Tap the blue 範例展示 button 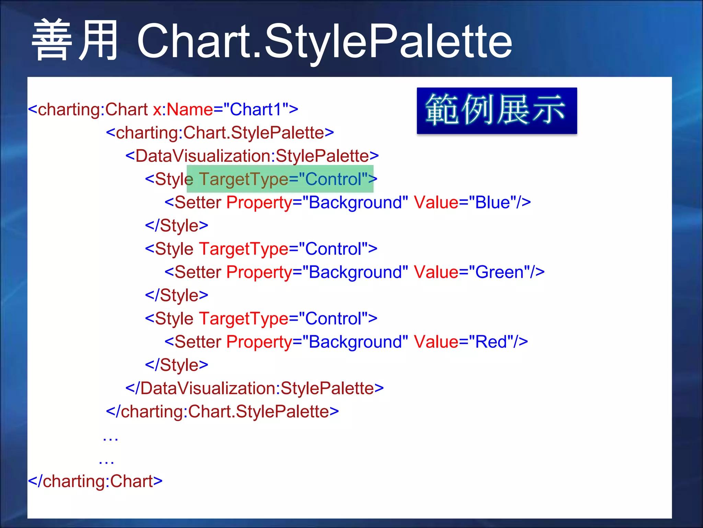pyautogui.click(x=496, y=111)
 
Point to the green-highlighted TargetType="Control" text pyautogui.click(x=280, y=179)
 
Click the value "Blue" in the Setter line pyautogui.click(x=492, y=202)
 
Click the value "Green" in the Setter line pyautogui.click(x=499, y=272)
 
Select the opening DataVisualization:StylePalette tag pyautogui.click(x=252, y=156)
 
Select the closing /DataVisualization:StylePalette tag pyautogui.click(x=254, y=388)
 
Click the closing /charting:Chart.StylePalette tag pyautogui.click(x=222, y=411)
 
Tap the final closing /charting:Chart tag pyautogui.click(x=95, y=481)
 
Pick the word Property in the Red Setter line pyautogui.click(x=259, y=342)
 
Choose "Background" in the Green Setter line pyautogui.click(x=355, y=272)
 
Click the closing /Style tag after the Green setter pyautogui.click(x=176, y=295)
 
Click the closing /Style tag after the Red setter pyautogui.click(x=176, y=365)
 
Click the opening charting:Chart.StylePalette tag pyautogui.click(x=220, y=133)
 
